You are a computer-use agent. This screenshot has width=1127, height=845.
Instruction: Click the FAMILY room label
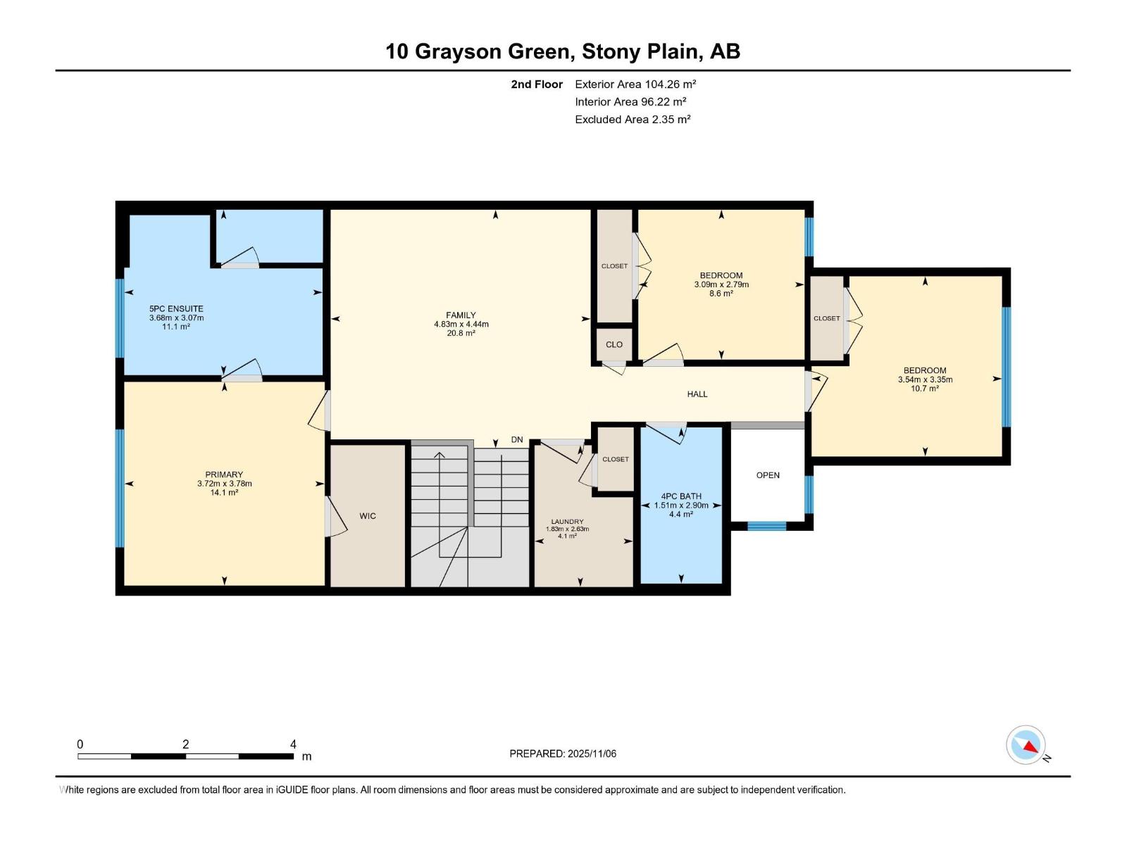click(x=461, y=315)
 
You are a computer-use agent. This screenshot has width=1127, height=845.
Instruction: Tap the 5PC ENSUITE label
click(x=176, y=308)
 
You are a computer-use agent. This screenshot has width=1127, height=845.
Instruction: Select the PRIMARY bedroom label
click(x=224, y=475)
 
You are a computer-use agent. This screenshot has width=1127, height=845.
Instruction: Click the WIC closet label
click(x=368, y=516)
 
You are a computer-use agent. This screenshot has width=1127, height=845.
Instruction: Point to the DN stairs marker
click(x=517, y=439)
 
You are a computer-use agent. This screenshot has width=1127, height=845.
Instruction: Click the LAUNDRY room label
click(x=567, y=522)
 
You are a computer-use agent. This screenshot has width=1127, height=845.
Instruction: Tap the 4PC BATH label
click(x=681, y=496)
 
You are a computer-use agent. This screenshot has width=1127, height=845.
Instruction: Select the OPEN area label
click(x=768, y=475)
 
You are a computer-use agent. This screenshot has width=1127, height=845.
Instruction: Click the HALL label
click(x=697, y=394)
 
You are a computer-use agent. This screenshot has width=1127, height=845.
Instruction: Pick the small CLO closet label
click(x=614, y=344)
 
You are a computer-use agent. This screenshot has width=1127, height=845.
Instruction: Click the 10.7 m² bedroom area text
click(x=925, y=389)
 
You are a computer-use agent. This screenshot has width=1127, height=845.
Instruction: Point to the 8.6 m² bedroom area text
click(x=721, y=294)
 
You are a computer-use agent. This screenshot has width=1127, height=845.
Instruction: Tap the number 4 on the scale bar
click(x=293, y=744)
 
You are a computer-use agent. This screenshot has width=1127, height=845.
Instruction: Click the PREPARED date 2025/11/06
click(x=591, y=753)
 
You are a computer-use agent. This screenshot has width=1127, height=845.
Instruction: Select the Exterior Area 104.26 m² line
click(x=635, y=84)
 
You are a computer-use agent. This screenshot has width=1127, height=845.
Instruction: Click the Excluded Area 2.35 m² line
click(x=633, y=119)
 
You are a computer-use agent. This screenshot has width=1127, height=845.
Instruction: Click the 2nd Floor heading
click(x=537, y=84)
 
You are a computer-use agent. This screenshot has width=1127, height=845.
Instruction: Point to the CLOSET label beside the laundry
click(x=616, y=459)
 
